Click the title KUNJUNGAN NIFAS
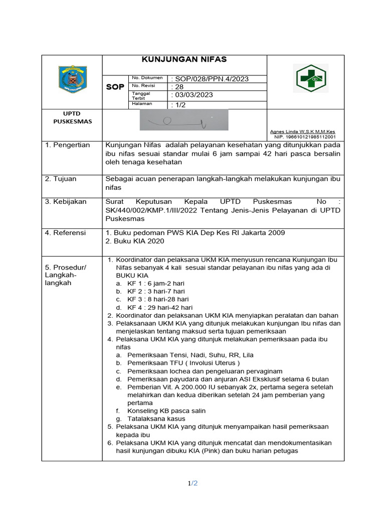(x=184, y=59)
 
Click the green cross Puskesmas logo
(x=311, y=78)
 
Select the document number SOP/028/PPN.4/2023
(x=210, y=79)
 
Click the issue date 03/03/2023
(x=193, y=95)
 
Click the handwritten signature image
(x=184, y=120)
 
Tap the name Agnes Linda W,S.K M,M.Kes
(x=303, y=132)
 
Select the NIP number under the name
(x=305, y=137)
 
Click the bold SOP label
(x=115, y=87)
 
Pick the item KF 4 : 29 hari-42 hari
(x=160, y=307)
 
